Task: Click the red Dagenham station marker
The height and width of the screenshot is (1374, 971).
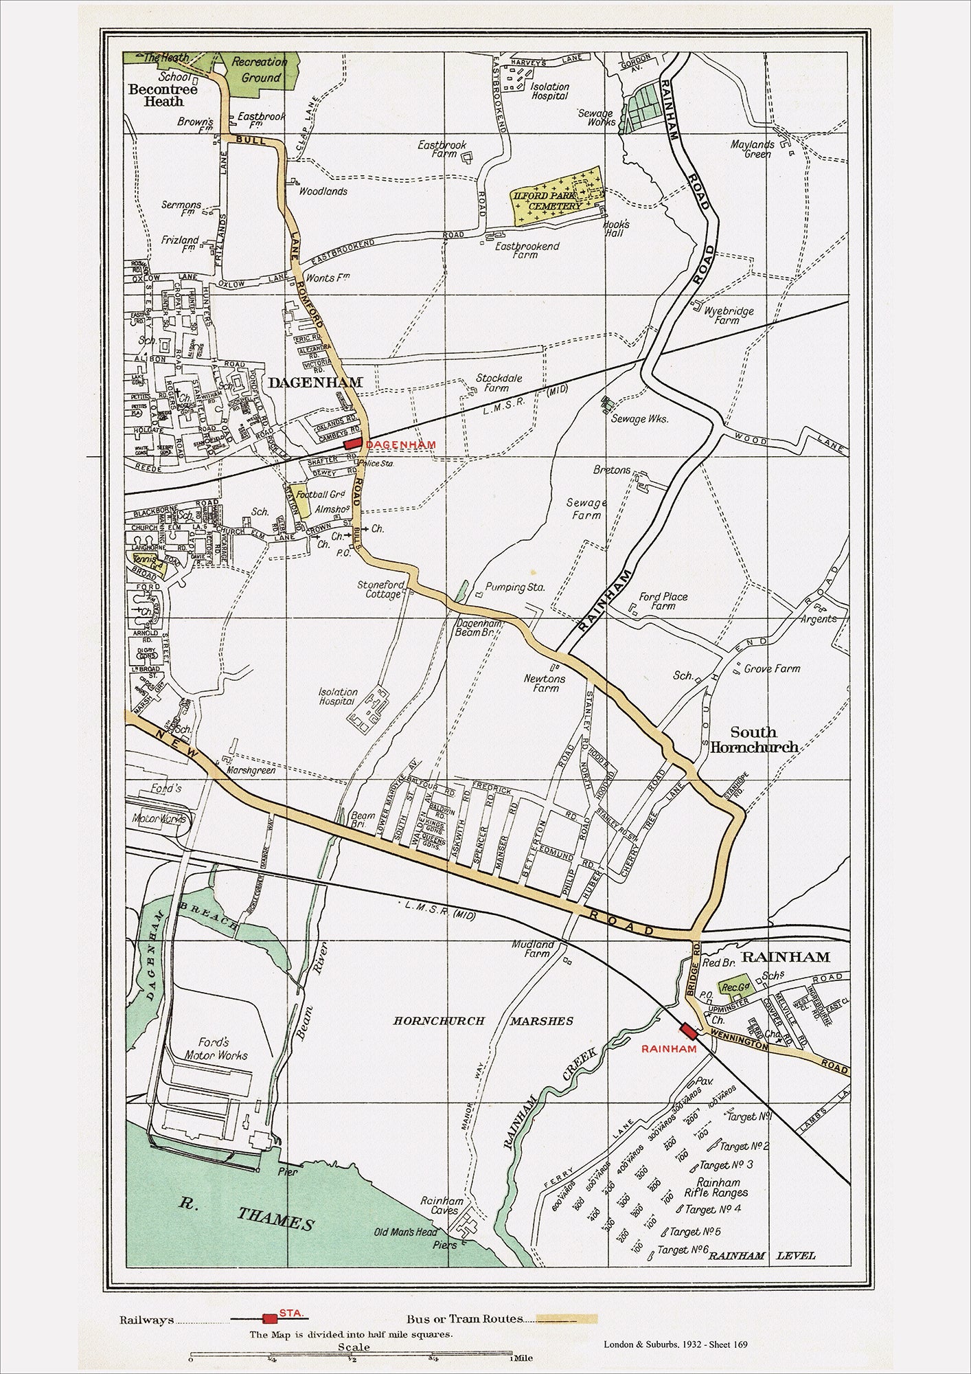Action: tap(353, 444)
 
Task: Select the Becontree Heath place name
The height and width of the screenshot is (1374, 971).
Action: tap(163, 95)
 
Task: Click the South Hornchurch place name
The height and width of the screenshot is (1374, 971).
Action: tap(754, 739)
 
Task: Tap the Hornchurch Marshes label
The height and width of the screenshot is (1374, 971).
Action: tap(483, 1021)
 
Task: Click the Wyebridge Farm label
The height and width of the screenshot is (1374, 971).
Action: tap(729, 315)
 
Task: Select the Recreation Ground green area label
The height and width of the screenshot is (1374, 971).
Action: tap(260, 69)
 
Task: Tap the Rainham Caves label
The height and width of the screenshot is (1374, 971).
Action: tap(442, 1206)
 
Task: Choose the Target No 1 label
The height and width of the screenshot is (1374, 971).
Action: tap(750, 1116)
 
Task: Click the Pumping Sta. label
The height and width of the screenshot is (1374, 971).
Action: tap(515, 587)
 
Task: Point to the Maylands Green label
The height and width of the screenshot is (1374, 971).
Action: tap(753, 149)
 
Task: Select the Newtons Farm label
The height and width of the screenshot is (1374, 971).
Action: tap(545, 683)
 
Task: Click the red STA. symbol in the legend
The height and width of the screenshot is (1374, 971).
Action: tap(270, 1318)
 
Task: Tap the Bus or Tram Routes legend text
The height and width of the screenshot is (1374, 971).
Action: tap(464, 1318)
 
